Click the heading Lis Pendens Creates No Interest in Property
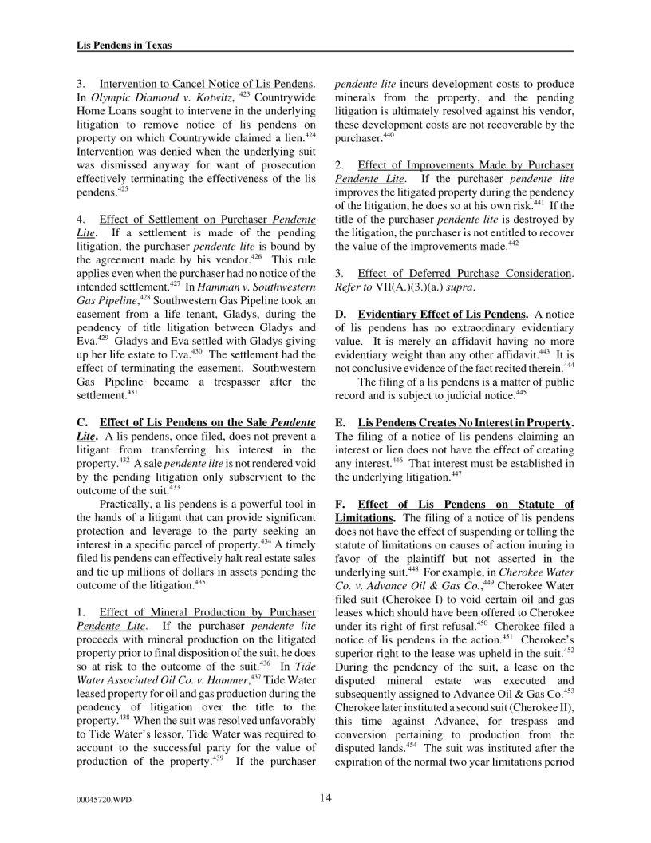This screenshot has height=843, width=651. (x=466, y=421)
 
